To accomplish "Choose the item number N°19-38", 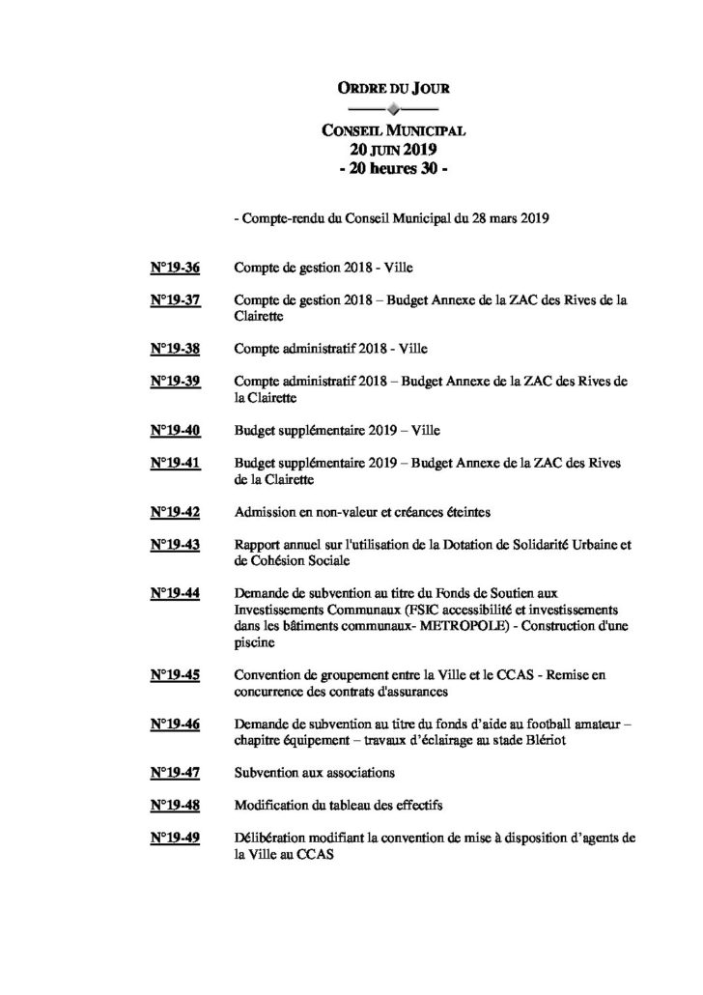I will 176,346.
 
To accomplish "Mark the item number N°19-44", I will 176,592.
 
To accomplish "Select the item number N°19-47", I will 176,773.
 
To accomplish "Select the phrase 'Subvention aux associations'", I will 314,773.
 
